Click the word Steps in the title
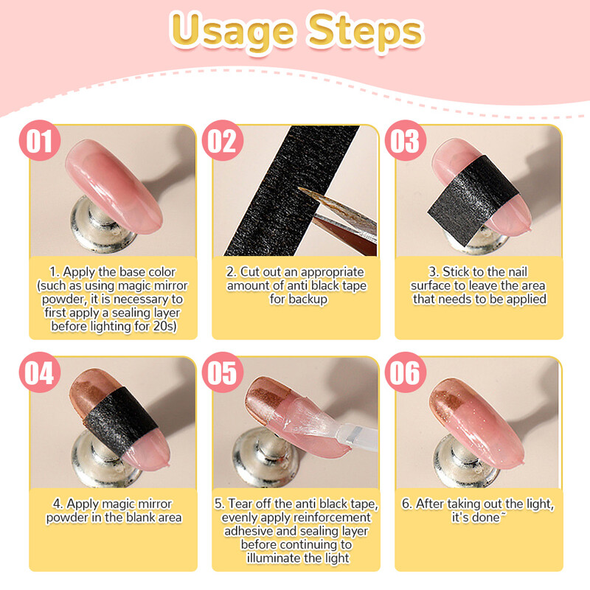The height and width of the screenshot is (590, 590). tap(366, 32)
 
